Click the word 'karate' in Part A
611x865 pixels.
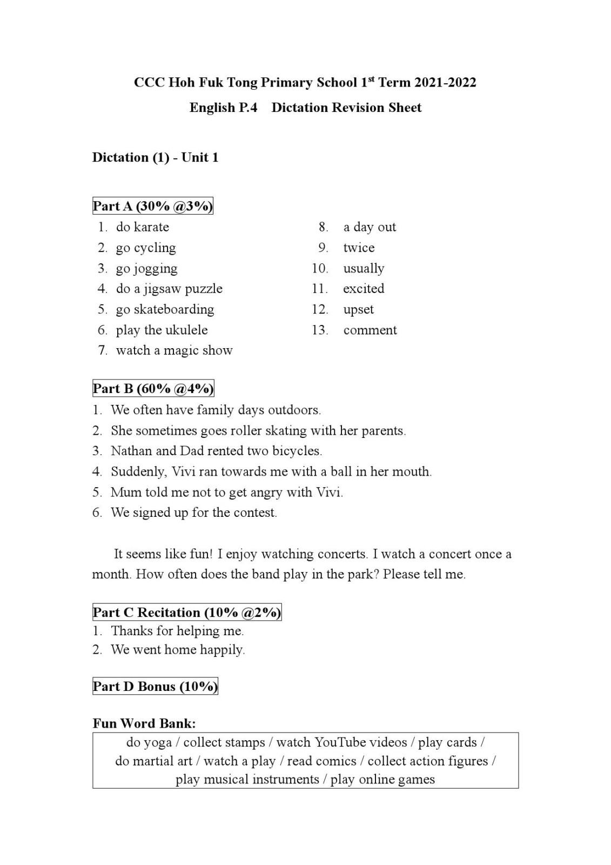click(151, 227)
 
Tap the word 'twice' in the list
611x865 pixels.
click(359, 248)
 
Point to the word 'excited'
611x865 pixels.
click(364, 289)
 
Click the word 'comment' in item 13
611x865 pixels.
click(370, 330)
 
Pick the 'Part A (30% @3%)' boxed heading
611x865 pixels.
click(153, 206)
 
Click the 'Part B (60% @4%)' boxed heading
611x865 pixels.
click(153, 389)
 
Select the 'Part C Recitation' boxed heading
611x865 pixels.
click(187, 613)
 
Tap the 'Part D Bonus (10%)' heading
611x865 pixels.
click(155, 687)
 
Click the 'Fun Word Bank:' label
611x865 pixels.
click(144, 723)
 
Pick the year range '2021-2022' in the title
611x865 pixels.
click(445, 83)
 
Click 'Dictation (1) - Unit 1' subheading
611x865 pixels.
click(156, 157)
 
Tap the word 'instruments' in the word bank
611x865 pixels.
click(282, 780)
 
